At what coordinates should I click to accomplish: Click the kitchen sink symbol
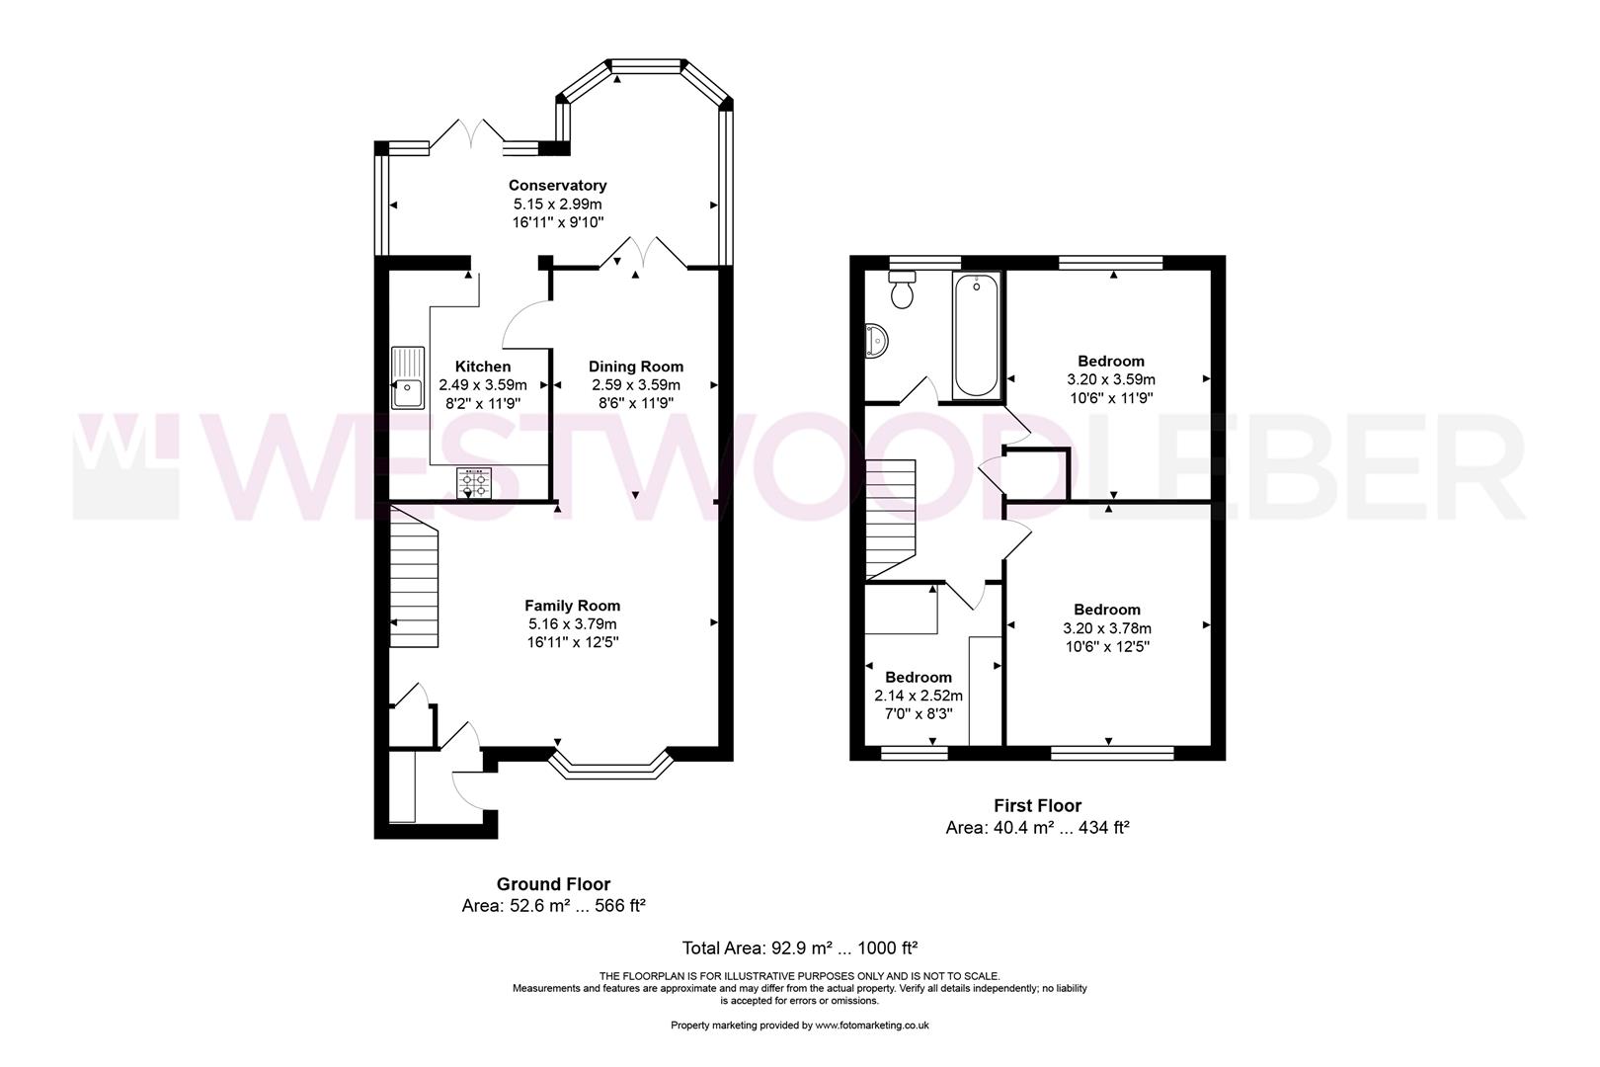pos(407,377)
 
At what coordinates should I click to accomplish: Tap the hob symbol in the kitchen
pos(474,484)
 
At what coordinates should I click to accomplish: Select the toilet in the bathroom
pos(902,291)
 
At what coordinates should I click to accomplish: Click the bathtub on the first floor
pos(976,336)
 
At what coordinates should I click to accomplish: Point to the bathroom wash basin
pos(876,340)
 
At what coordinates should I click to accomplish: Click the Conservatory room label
pos(557,185)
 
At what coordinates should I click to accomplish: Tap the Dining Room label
pos(635,367)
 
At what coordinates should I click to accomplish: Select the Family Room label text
pos(572,606)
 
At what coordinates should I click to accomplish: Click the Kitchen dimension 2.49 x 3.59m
pos(482,385)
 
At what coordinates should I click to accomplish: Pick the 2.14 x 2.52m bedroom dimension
pos(918,696)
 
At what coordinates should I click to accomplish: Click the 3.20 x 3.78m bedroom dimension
pos(1106,628)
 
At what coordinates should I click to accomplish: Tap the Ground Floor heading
pos(552,884)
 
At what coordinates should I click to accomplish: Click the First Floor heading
pos(1037,806)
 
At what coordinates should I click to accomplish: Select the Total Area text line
pos(800,948)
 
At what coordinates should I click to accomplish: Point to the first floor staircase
pos(891,520)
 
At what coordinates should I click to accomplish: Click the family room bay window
pos(610,769)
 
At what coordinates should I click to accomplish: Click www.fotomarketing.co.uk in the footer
pos(872,1026)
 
